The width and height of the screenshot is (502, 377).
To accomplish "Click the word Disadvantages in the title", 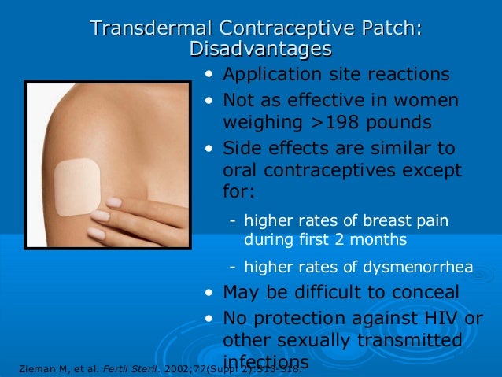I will click(260, 49).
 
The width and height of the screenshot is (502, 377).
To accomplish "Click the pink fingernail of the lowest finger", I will click(95, 233).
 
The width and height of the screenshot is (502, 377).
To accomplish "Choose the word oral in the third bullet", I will click(240, 171).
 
